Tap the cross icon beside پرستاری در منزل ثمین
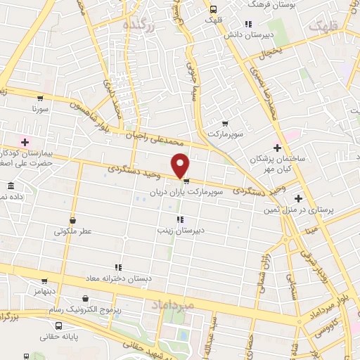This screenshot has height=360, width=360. pyautogui.click(x=298, y=198)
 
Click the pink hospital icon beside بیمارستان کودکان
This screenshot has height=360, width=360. pyautogui.click(x=25, y=143)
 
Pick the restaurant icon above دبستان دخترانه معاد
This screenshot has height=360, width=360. pyautogui.click(x=118, y=267)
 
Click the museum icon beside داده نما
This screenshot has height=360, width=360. pyautogui.click(x=10, y=186)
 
